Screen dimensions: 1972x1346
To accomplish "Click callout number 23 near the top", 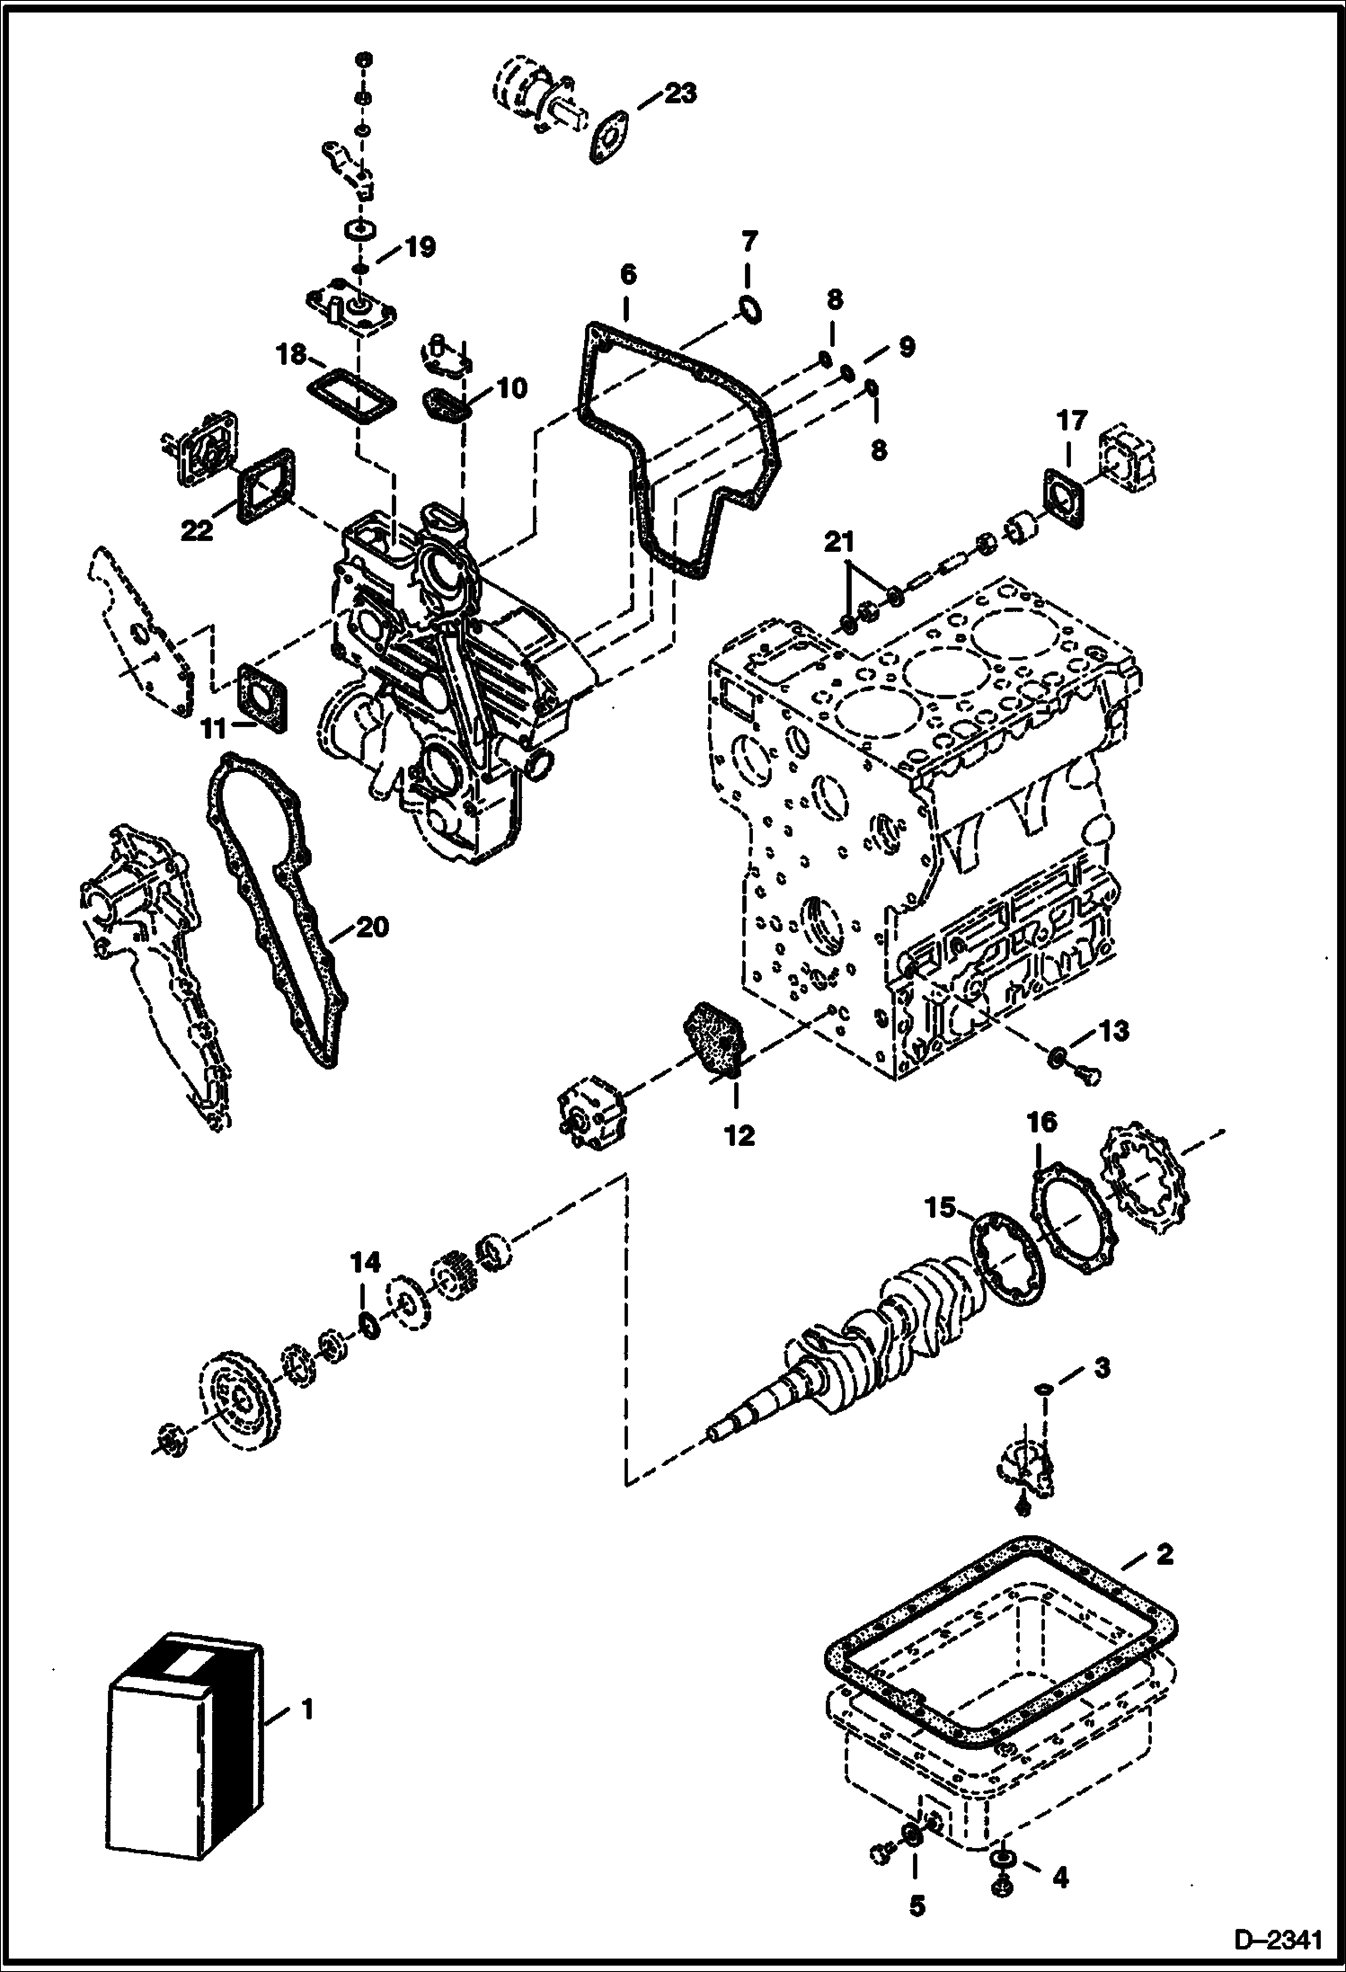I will [x=680, y=93].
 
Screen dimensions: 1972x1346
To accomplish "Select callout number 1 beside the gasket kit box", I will [x=307, y=1707].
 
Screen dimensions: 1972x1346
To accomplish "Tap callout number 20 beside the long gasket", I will [x=372, y=927].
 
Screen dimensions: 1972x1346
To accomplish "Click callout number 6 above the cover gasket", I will [x=627, y=274].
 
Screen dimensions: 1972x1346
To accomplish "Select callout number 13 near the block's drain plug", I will [x=1113, y=1031].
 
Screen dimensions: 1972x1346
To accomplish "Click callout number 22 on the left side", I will [x=197, y=530].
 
